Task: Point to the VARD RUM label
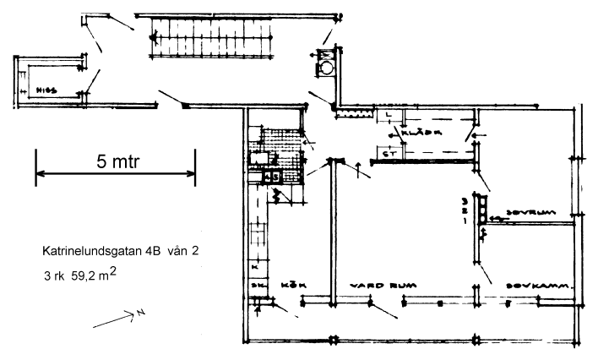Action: coord(369,286)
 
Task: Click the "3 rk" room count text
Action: coord(53,275)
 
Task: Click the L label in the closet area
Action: coord(386,112)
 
